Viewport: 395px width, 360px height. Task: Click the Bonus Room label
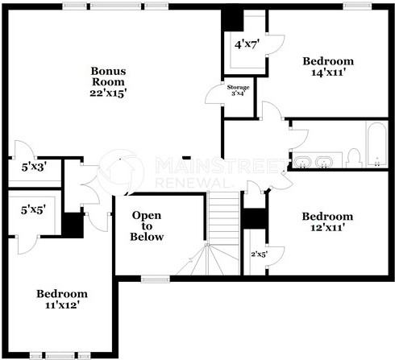coord(108,76)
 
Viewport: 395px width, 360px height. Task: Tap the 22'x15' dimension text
coord(108,93)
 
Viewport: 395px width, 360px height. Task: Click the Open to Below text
coord(148,226)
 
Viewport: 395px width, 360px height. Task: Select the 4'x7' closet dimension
coord(245,45)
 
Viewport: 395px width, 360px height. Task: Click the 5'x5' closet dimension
coord(33,209)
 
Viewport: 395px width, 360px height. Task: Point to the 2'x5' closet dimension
coord(260,254)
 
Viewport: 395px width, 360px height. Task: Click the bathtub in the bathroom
coord(376,146)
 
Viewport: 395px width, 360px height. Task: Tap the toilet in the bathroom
coord(354,158)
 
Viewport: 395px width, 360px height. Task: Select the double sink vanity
coord(312,162)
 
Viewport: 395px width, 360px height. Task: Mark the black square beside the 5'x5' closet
coord(73,224)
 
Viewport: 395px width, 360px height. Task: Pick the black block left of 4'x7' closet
coord(231,19)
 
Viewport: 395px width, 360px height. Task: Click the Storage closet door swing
coord(214,94)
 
